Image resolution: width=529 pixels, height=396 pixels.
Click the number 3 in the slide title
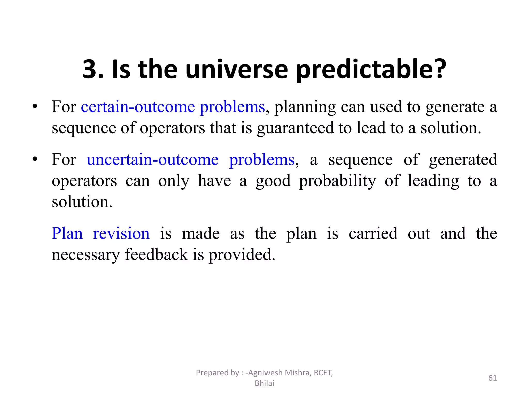(x=92, y=69)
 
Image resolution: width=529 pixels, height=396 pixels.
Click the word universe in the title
(x=236, y=69)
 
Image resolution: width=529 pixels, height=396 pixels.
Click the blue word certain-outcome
(x=138, y=107)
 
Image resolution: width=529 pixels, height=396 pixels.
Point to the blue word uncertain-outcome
(x=153, y=160)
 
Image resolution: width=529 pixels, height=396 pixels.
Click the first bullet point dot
(x=35, y=106)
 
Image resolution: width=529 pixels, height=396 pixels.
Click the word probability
(x=337, y=181)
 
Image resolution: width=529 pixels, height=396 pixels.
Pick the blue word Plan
(x=67, y=234)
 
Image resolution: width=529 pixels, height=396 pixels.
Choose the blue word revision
(x=121, y=234)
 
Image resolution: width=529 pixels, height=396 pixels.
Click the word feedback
(x=157, y=255)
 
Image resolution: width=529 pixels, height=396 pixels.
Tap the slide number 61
(x=492, y=378)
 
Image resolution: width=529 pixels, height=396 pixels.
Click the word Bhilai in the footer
(x=264, y=383)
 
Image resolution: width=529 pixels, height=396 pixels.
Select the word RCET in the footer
(x=323, y=373)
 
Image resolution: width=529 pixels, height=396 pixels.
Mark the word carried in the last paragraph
(x=373, y=234)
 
